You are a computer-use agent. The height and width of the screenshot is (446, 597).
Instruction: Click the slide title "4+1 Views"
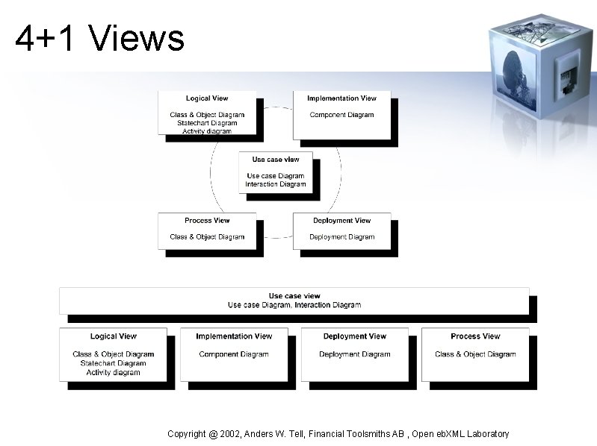tap(99, 38)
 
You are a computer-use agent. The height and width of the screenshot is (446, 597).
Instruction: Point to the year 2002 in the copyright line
tap(232, 433)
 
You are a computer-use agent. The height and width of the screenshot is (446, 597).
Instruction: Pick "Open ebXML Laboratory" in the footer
tap(460, 433)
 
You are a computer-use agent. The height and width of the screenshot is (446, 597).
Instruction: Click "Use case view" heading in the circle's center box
tap(276, 160)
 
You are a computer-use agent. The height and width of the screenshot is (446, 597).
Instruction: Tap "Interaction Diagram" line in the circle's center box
tap(276, 184)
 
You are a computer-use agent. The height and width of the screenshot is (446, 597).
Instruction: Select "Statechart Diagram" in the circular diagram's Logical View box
tap(207, 123)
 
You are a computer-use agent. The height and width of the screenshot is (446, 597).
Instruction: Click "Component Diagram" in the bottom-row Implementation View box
tap(234, 354)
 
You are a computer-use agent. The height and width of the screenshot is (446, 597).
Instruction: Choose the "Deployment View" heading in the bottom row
tap(355, 336)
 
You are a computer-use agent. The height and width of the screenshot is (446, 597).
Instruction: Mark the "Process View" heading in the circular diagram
tap(207, 221)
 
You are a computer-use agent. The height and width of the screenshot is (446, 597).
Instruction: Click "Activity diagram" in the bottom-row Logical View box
tap(114, 372)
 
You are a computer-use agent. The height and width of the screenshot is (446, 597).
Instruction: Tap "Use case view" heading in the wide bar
tap(294, 296)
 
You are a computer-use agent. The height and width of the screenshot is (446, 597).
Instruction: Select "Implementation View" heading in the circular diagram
tap(341, 98)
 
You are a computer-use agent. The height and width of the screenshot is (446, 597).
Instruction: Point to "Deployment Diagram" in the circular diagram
tap(341, 237)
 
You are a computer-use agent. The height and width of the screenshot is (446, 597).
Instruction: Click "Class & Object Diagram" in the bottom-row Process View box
tap(475, 354)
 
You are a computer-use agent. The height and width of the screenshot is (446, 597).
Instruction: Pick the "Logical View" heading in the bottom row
tap(114, 336)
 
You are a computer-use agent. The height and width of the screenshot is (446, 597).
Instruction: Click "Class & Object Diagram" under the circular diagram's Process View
tap(207, 237)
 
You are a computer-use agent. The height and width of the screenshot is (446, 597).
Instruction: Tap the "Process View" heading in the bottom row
tap(475, 336)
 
